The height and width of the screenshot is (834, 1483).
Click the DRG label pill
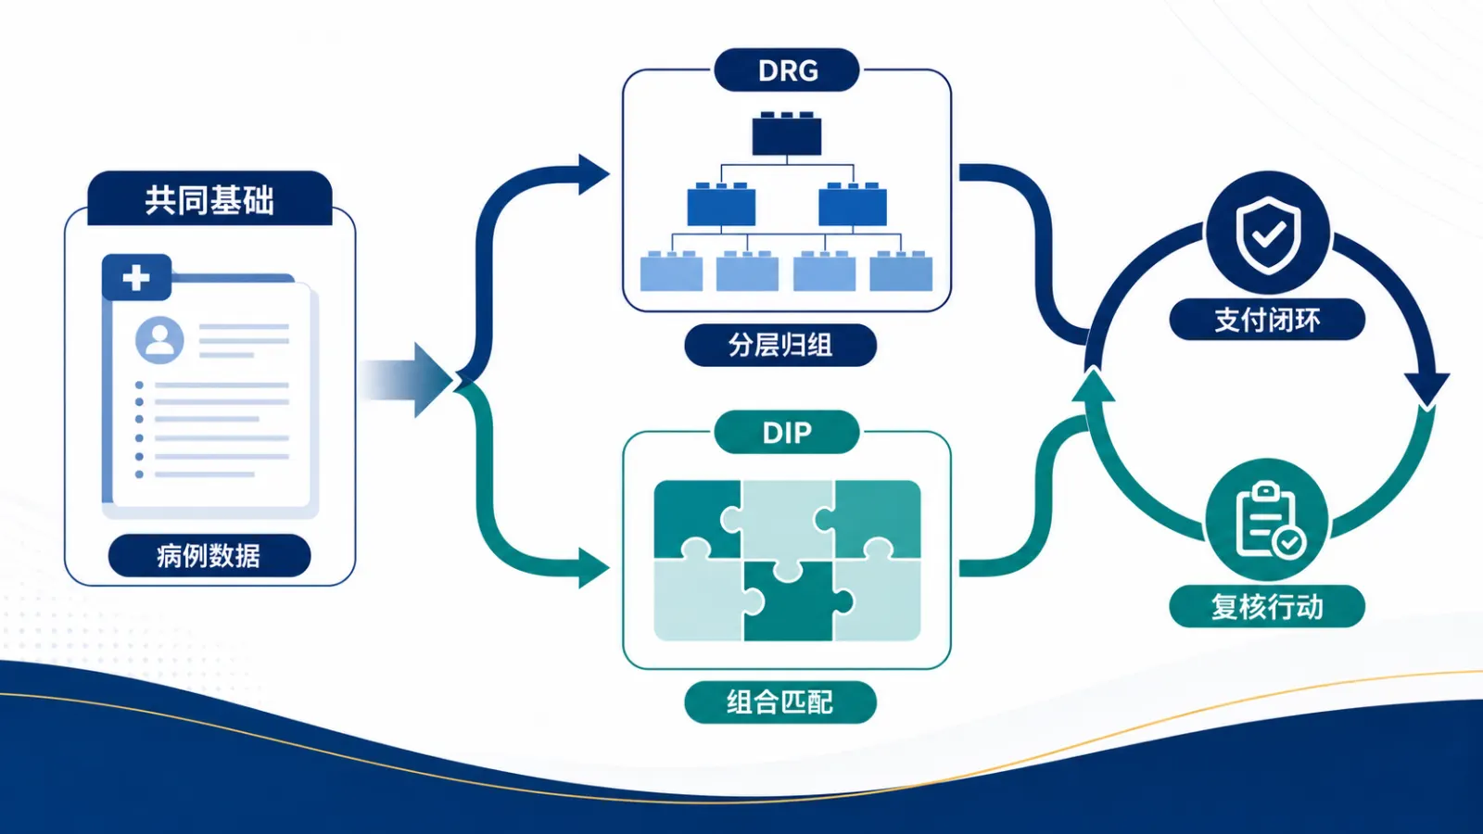pyautogui.click(x=787, y=69)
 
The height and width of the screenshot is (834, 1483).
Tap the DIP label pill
pyautogui.click(x=787, y=432)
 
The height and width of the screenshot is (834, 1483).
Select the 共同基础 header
pyautogui.click(x=209, y=198)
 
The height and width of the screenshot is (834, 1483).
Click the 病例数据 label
pyautogui.click(x=209, y=555)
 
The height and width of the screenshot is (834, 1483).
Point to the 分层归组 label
pyautogui.click(x=780, y=345)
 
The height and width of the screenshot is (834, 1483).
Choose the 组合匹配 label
pyautogui.click(x=780, y=702)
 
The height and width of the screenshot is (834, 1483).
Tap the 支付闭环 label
pyautogui.click(x=1267, y=320)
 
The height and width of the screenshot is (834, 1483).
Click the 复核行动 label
pyautogui.click(x=1267, y=606)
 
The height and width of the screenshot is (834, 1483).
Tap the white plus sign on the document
pyautogui.click(x=136, y=277)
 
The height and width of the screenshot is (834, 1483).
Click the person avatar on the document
pyautogui.click(x=159, y=340)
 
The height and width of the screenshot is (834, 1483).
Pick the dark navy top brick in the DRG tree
pyautogui.click(x=787, y=133)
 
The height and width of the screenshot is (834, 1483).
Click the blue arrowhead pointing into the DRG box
pyautogui.click(x=594, y=175)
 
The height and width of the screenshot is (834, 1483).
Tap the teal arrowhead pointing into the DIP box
pyautogui.click(x=594, y=568)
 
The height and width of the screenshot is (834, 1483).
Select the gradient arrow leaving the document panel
pyautogui.click(x=406, y=380)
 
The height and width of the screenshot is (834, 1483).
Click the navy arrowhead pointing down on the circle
pyautogui.click(x=1427, y=389)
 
